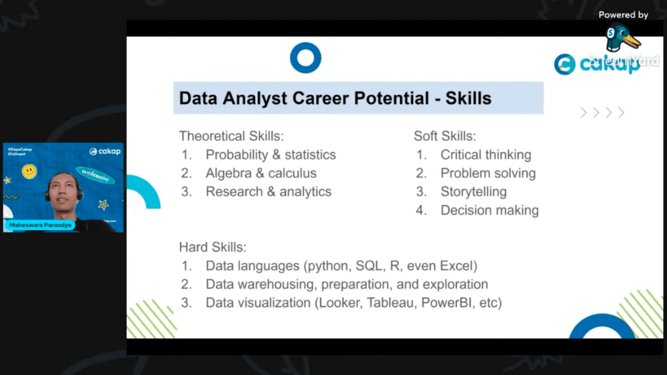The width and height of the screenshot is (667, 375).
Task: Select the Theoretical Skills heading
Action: [x=231, y=136]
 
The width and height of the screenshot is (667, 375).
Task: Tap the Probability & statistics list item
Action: [x=270, y=155]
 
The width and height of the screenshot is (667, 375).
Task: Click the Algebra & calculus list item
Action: [x=261, y=173]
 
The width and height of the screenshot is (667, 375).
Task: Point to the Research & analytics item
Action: [x=268, y=192]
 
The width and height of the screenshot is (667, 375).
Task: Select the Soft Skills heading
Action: [x=444, y=136]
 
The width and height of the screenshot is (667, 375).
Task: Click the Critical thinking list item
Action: [x=486, y=155]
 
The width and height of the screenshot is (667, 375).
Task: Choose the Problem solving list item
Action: [x=488, y=173]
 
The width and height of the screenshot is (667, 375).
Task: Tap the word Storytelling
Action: [x=473, y=192]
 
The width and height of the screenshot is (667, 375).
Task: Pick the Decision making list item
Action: [x=489, y=210]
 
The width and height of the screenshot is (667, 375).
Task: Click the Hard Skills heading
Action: [x=213, y=247]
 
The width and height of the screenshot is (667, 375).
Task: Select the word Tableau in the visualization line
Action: [x=391, y=303]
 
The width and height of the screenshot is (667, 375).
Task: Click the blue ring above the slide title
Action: [x=305, y=58]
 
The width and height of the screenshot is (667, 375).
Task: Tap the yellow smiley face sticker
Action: [x=29, y=171]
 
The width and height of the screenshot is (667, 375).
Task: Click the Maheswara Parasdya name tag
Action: [x=40, y=225]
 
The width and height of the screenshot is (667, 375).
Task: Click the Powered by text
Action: [x=623, y=15]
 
